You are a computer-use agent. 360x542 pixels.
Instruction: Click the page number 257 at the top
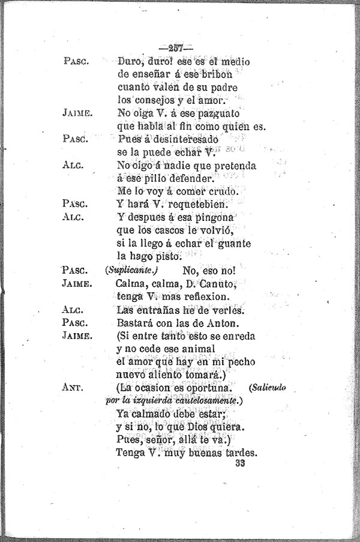coord(175,47)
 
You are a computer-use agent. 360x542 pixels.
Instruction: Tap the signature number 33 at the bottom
coord(242,463)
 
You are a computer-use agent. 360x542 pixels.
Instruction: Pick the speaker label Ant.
coord(75,387)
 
